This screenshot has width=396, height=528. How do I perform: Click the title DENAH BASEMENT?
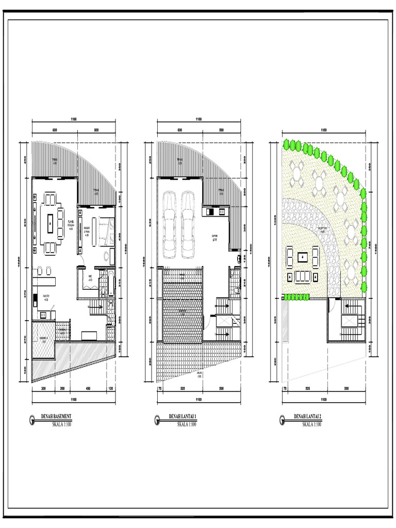tap(56, 417)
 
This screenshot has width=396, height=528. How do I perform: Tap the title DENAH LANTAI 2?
tap(307, 417)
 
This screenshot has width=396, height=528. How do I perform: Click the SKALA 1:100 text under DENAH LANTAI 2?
tap(311, 424)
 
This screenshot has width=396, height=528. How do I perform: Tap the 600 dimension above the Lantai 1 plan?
tap(179, 130)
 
